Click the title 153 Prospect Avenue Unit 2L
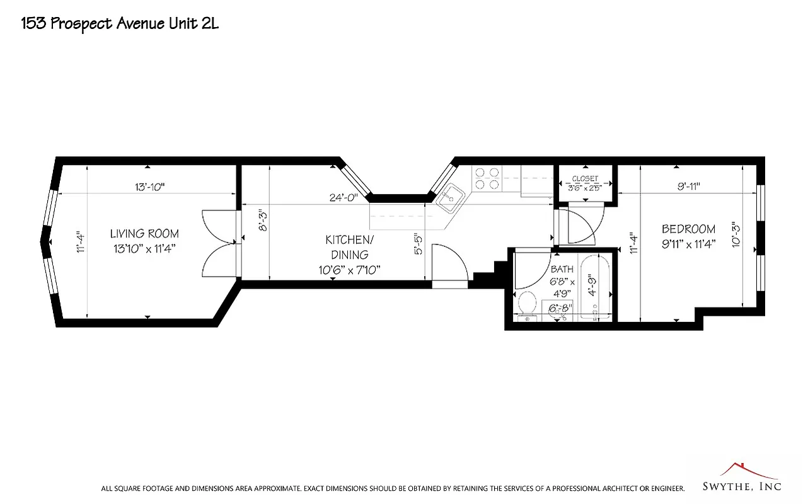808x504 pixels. pos(120,24)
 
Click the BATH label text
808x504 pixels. pos(562,269)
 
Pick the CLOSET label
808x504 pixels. pos(585,179)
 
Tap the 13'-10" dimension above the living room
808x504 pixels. pos(149,186)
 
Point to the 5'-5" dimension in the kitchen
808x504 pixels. pos(417,243)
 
